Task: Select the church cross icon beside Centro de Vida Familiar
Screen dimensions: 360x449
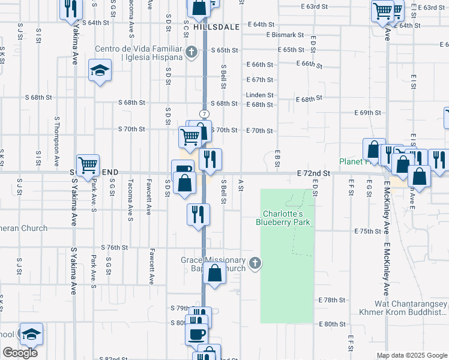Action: coord(191,52)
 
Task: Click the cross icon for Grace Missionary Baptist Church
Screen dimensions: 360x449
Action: coord(255,263)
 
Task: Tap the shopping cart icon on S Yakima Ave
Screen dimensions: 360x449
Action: coord(88,164)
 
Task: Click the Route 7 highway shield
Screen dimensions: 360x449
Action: coord(205,113)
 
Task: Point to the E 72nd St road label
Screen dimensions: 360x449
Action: coord(313,173)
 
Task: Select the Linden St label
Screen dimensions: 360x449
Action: coord(259,95)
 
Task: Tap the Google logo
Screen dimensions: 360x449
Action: coord(20,353)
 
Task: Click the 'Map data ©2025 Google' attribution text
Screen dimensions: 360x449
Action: coord(412,355)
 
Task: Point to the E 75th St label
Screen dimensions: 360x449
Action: coord(368,231)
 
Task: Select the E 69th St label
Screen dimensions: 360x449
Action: coord(368,113)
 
